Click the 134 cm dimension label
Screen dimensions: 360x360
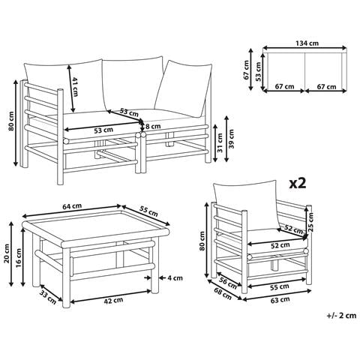tap(307, 43)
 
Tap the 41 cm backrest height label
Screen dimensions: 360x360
tap(75, 86)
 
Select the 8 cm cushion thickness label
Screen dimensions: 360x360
tap(153, 127)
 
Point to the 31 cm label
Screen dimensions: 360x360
tap(220, 142)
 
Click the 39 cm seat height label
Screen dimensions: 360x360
tap(231, 139)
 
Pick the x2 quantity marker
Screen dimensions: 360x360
tap(298, 184)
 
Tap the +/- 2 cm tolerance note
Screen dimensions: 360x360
tap(341, 316)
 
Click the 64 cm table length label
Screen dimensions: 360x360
tap(72, 206)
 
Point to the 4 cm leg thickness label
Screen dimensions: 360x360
tap(175, 277)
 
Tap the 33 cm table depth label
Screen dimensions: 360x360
tap(48, 298)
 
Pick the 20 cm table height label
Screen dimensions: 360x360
tap(7, 253)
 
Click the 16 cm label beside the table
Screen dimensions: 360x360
tap(19, 259)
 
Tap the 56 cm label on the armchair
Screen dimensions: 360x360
tap(228, 282)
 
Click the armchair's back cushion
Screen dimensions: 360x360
tap(246, 205)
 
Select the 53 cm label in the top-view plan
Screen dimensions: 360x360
tap(258, 71)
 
